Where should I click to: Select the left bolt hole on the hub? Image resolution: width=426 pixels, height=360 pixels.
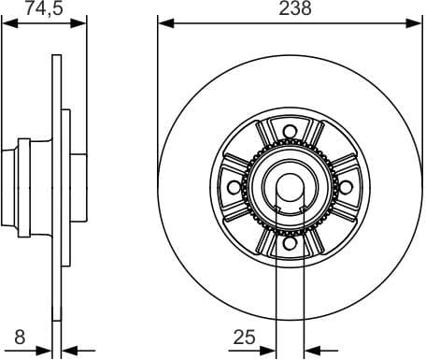point(234,187)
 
